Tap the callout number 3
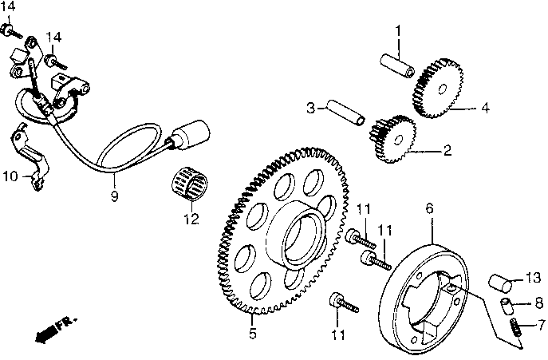coord(312,107)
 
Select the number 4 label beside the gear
coord(484,107)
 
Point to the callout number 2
coord(447,149)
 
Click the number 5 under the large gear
coord(252,334)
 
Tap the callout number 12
coord(189,219)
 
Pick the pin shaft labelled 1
coord(396,65)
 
